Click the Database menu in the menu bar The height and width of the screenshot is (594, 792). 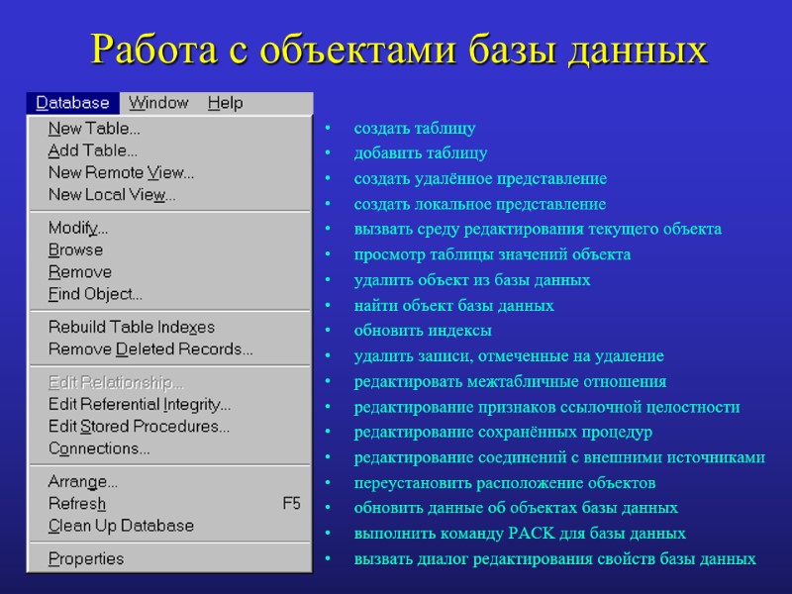[72, 103]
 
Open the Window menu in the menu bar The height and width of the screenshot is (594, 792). [158, 103]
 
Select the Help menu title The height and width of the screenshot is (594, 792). [225, 103]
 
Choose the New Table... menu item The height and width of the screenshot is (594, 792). [94, 129]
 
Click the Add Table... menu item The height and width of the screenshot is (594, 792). [93, 150]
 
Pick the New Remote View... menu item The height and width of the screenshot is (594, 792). [121, 172]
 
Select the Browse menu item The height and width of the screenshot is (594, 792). [75, 250]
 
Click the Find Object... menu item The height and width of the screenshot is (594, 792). [95, 294]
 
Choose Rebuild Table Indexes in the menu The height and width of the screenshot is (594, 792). [131, 327]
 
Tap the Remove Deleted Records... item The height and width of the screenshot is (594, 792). [150, 348]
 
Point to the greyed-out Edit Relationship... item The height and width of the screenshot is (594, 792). [116, 383]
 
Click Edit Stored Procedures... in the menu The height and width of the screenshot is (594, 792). [139, 427]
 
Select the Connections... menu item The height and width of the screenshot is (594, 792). [99, 448]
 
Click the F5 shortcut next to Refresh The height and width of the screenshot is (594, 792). [291, 504]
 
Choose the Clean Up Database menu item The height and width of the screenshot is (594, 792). [121, 526]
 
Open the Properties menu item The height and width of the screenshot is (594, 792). [86, 559]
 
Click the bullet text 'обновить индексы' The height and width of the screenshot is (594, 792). [423, 331]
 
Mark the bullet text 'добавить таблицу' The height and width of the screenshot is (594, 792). [421, 153]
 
